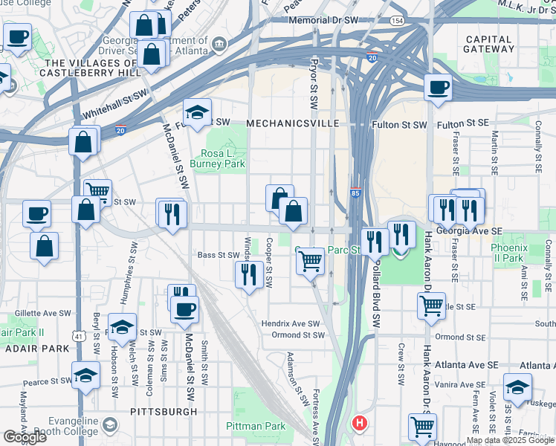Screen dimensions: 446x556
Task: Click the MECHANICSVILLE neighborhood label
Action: coord(293,123)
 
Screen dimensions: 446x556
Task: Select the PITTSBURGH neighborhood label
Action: coord(164,411)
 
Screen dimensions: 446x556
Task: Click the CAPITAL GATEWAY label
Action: coord(488,44)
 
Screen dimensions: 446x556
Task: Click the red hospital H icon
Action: coord(360,424)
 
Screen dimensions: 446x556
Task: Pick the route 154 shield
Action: coord(398,22)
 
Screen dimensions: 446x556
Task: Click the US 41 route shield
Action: coord(78,336)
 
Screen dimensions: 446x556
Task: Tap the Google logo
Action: coord(25,437)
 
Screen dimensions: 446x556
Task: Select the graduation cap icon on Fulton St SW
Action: coord(197,113)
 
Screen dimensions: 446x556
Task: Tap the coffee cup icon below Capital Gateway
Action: coord(439,88)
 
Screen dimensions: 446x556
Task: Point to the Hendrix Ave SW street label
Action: coord(290,324)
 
